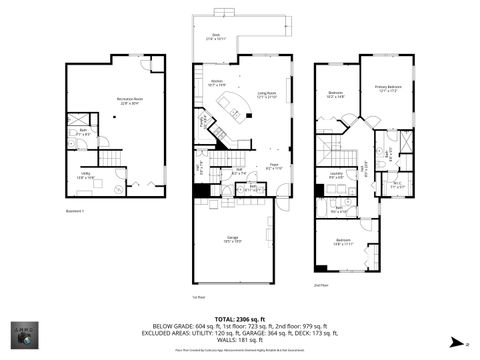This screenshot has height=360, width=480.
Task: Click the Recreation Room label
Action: (x=129, y=100)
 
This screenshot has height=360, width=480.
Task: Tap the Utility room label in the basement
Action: (x=86, y=175)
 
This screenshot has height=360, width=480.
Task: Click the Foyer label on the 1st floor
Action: (x=271, y=167)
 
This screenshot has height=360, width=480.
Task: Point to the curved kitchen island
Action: (x=238, y=106)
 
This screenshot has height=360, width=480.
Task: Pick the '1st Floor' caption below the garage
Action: (x=198, y=296)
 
